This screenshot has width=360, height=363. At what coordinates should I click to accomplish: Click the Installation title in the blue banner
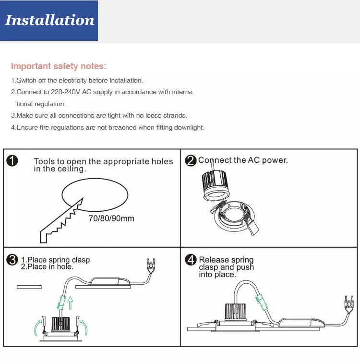click(x=49, y=20)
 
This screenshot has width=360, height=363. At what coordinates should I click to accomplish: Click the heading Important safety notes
click(x=59, y=66)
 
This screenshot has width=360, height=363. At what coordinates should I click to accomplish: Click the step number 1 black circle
click(x=12, y=161)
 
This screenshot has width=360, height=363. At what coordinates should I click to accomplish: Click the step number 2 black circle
click(x=191, y=161)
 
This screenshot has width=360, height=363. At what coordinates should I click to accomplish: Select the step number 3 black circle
click(x=12, y=260)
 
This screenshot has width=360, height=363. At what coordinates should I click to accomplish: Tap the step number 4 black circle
click(x=191, y=260)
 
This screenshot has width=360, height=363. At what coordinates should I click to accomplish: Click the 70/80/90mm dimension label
click(x=111, y=218)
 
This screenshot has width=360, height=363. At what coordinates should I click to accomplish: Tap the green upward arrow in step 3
click(x=71, y=302)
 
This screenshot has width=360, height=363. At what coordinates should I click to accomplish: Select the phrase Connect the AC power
click(x=243, y=160)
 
